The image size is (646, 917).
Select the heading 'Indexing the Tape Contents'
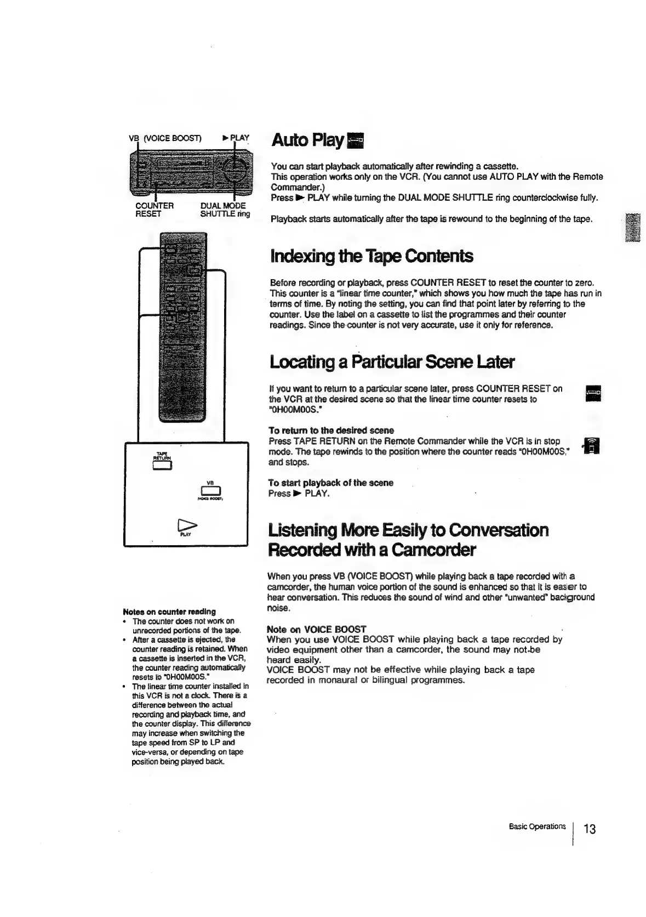point(371,256)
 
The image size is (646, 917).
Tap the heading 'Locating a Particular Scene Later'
point(392,362)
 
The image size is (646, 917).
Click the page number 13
point(589,828)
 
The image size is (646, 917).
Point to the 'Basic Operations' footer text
point(536,826)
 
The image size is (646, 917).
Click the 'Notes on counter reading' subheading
point(169,611)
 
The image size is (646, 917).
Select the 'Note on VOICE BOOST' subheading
point(316,629)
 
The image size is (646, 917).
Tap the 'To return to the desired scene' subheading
point(331,430)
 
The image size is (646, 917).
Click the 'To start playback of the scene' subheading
point(330,483)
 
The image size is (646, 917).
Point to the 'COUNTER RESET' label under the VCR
point(154,210)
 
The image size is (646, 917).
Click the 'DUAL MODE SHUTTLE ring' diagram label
point(225,210)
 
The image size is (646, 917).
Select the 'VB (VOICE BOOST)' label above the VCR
point(165,138)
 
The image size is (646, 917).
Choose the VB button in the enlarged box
point(210,491)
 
